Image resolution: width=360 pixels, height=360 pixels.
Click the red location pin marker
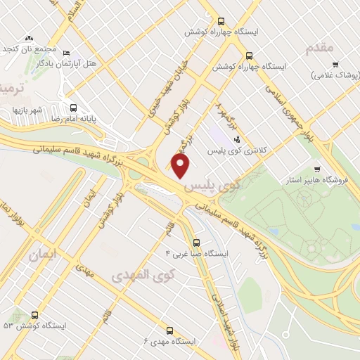(x=181, y=167)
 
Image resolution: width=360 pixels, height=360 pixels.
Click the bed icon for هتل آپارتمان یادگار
(x=67, y=53)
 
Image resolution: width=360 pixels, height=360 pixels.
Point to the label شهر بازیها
(x=27, y=110)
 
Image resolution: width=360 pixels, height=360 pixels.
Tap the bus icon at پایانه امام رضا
(x=74, y=108)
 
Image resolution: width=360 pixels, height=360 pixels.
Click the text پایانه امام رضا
(x=91, y=120)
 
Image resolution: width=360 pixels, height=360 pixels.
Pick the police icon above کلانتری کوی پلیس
(x=237, y=139)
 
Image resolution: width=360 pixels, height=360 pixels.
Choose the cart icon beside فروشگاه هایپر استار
(x=317, y=169)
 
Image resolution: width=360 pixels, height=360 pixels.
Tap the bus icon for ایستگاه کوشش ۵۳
(x=34, y=316)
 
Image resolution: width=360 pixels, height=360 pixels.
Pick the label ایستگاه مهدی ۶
(x=168, y=341)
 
